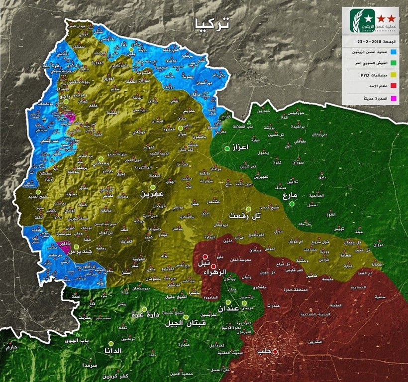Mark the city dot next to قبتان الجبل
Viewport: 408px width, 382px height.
(186, 316)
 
